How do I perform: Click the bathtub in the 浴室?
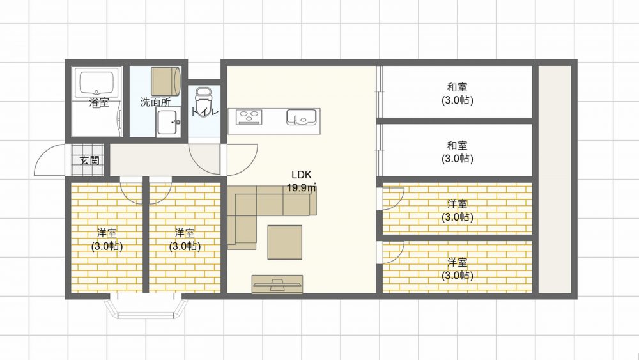coord(96,83)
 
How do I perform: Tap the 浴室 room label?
coord(99,102)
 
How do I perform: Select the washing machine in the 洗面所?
coord(166,82)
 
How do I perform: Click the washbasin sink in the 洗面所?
coord(168,122)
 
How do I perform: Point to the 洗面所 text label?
coord(155,102)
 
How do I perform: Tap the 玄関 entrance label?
coord(89,160)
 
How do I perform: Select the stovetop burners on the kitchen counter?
coord(249,117)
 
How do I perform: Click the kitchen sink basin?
coord(302,117)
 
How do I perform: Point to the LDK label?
coord(302,175)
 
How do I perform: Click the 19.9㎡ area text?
coord(302,188)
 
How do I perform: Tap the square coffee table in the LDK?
coord(285,242)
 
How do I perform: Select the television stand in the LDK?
coord(277,284)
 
